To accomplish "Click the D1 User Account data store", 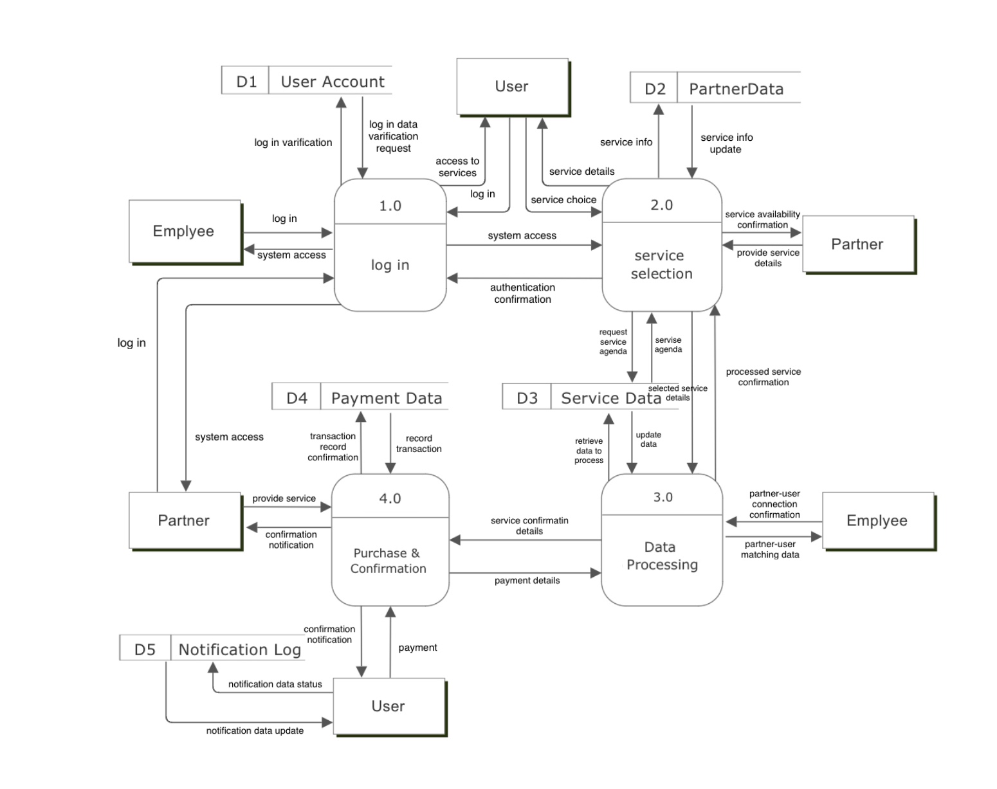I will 307,82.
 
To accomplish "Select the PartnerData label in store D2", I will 736,89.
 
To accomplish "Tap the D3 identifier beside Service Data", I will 527,398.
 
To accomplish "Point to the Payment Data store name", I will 386,398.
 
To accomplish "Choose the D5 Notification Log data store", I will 212,649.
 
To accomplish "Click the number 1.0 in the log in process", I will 390,206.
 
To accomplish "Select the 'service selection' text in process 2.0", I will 661,264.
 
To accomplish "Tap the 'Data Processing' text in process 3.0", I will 661,556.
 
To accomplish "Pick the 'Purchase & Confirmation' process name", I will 388,561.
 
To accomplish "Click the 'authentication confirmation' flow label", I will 522,293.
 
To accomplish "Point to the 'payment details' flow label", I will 527,581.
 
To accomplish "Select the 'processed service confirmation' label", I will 763,377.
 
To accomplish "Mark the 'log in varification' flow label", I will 293,143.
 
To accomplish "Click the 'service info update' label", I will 726,143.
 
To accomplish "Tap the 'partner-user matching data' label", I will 769,549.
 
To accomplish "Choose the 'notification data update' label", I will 255,730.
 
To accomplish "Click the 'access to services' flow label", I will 457,167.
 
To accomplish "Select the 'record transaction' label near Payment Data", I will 419,444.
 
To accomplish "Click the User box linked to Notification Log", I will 389,706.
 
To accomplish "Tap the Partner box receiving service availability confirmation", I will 857,244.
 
